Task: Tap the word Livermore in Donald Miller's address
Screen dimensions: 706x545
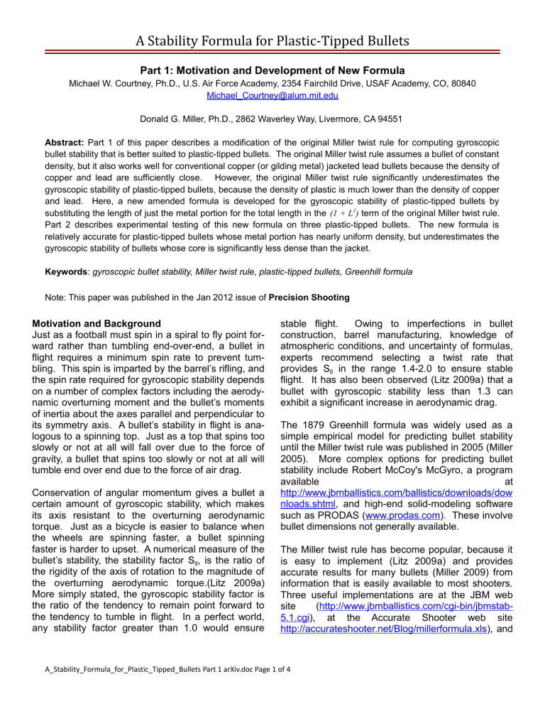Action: click(356, 102)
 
